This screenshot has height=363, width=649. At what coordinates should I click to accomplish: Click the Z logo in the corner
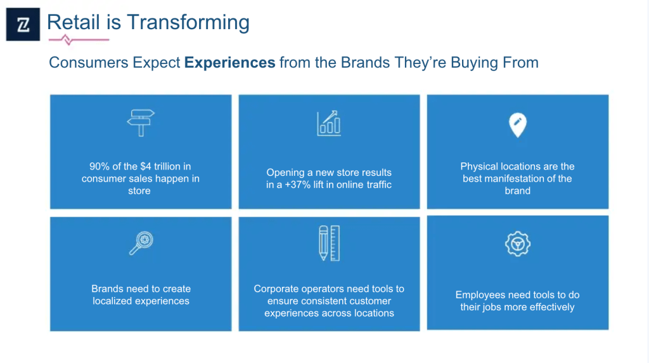coord(23,24)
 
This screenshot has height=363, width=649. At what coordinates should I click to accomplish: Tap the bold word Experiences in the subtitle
coord(229,63)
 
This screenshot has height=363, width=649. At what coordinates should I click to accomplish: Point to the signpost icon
coord(141,122)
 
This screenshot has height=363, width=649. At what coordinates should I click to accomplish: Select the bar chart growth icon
coord(329,123)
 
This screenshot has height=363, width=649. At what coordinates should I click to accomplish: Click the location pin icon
coord(517,125)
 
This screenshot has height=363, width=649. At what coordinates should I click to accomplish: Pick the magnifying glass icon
coord(141,243)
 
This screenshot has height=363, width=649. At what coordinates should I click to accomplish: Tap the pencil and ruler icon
coord(330,243)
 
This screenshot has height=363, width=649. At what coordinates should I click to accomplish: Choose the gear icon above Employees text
coord(517,244)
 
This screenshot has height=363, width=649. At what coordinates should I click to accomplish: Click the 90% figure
coord(100,166)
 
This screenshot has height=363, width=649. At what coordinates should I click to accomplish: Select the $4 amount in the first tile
coord(146,166)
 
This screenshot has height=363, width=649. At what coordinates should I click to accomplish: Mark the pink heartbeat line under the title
coord(79,40)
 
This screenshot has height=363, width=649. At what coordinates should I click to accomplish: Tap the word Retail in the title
coord(74,22)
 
